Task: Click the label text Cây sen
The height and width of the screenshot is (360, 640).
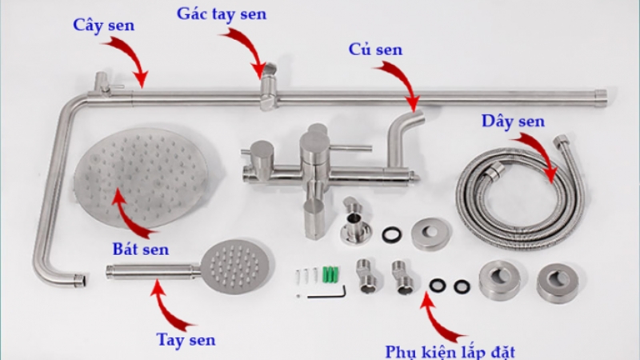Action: pyautogui.click(x=103, y=25)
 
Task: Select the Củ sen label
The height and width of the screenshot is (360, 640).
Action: pyautogui.click(x=375, y=50)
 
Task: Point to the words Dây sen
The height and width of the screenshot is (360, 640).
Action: pyautogui.click(x=513, y=121)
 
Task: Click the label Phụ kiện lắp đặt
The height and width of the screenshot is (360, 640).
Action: pyautogui.click(x=454, y=350)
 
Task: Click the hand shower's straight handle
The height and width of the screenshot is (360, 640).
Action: pyautogui.click(x=152, y=271)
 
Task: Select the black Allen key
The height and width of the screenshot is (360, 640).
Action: pyautogui.click(x=327, y=294)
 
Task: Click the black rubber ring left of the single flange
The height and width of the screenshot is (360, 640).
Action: pyautogui.click(x=391, y=234)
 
